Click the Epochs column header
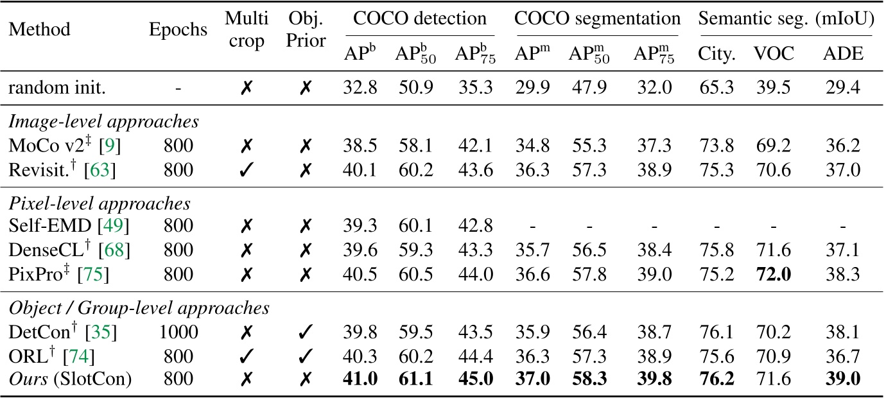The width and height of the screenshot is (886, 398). pyautogui.click(x=178, y=30)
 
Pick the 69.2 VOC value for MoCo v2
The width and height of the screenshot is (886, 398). pyautogui.click(x=773, y=145)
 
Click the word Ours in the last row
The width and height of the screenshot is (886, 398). pyautogui.click(x=28, y=379)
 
